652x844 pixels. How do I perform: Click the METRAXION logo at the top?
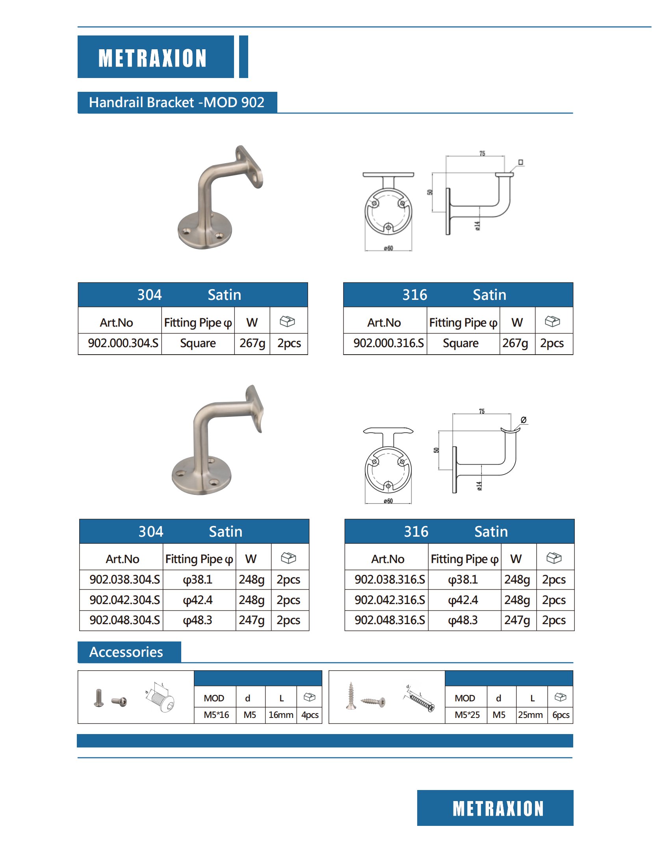coord(152,58)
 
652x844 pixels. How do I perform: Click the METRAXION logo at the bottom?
coord(498,809)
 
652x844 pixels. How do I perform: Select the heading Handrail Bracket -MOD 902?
coord(176,102)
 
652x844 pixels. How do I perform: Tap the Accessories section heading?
coord(126,652)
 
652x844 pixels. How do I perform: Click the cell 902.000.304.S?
coord(123,343)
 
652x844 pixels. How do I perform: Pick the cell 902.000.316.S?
coord(388,343)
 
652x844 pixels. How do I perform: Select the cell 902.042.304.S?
coord(124,600)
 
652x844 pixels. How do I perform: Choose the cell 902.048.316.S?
coord(390,620)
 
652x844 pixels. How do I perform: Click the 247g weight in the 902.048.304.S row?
coord(252,620)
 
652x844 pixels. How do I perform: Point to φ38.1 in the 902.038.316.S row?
coord(463,580)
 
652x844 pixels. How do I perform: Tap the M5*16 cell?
coord(216,715)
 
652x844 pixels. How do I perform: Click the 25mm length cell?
coord(530,715)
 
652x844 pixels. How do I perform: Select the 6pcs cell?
coord(561,715)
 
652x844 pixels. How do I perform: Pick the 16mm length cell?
coord(281,715)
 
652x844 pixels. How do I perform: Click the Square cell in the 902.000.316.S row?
coord(461,343)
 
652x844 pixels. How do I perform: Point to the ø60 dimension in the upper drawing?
coord(388,248)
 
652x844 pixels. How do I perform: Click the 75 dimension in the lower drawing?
coord(481,411)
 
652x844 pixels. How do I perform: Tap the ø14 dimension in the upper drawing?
coord(477,225)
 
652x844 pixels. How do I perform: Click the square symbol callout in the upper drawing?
coord(520,162)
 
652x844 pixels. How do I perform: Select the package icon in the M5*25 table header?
coord(560,697)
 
